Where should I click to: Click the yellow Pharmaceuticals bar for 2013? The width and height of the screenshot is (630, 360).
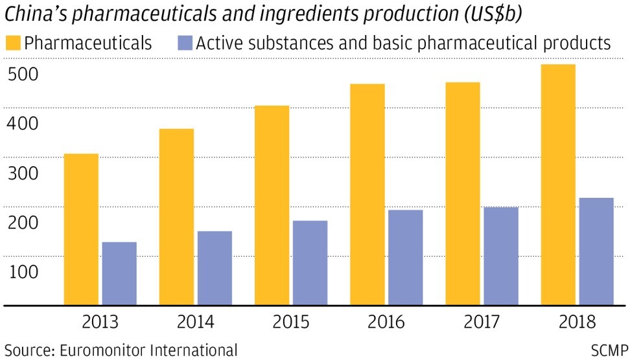tap(81, 229)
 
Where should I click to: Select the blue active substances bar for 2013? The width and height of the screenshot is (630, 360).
tap(119, 273)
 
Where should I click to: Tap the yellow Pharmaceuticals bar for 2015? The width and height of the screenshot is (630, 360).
tap(272, 205)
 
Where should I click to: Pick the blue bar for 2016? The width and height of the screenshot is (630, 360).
tap(405, 257)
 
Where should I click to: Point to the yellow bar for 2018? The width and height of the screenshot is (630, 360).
tap(558, 184)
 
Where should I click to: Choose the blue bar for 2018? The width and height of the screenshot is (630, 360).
tap(596, 251)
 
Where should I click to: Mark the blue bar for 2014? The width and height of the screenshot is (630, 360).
tap(215, 268)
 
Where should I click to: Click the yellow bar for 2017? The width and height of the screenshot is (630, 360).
tap(463, 193)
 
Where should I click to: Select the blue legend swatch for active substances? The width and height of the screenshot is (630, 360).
tap(184, 43)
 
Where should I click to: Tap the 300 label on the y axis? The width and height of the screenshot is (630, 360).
tap(23, 174)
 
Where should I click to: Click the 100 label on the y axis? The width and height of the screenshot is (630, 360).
tap(23, 272)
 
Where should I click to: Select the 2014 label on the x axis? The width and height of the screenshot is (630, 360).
tap(196, 322)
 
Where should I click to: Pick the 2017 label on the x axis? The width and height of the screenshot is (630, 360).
tap(482, 322)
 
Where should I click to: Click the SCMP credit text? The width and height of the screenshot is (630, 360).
tap(609, 350)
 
